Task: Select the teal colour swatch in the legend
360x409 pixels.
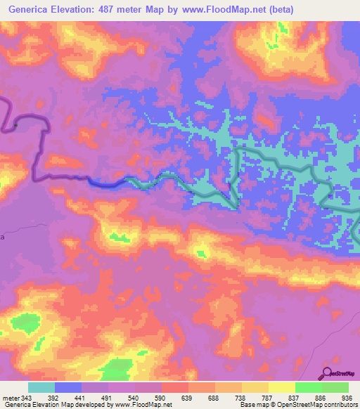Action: coord(41,387)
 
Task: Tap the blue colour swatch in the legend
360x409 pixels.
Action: coord(68,387)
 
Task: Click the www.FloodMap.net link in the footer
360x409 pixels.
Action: coord(144,404)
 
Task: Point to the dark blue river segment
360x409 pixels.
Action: coord(105,183)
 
